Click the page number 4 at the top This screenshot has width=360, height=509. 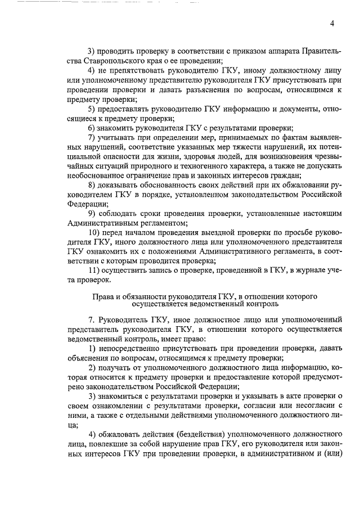332,23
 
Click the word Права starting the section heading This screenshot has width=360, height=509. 102,296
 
